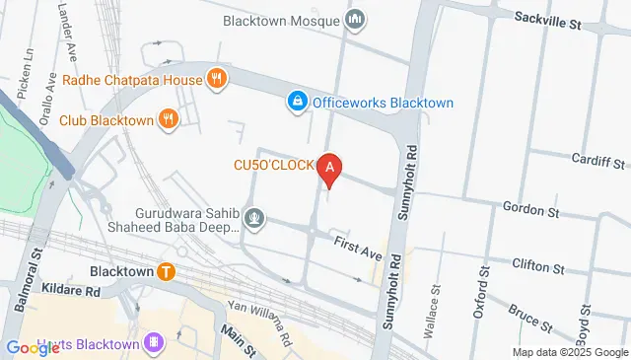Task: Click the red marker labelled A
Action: coord(330,171)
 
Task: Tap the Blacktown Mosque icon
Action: coord(356,19)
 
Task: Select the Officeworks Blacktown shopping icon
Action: coord(296,101)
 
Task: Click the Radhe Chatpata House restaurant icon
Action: coord(216,79)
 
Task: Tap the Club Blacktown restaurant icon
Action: coord(170,120)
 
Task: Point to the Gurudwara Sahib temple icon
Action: coord(255,216)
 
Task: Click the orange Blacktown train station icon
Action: coord(168,271)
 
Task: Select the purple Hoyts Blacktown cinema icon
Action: coord(153,342)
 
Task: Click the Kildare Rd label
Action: coord(72,292)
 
